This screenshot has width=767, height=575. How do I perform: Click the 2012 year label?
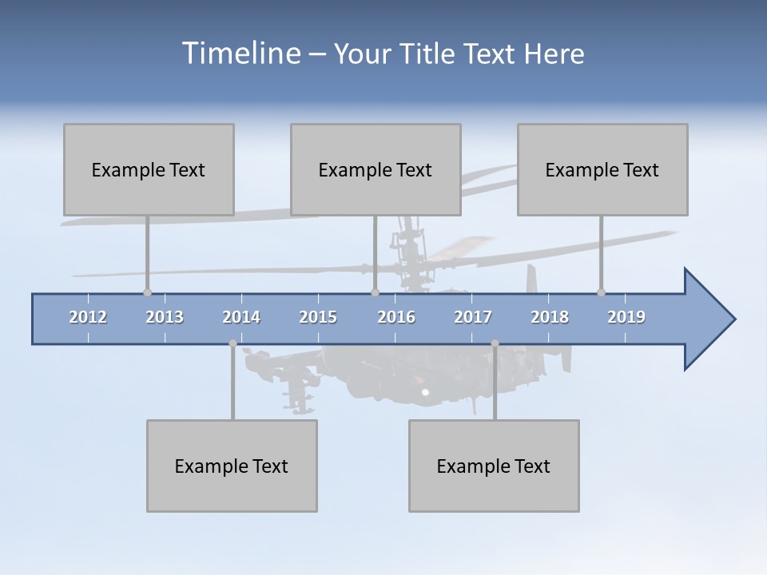pyautogui.click(x=88, y=317)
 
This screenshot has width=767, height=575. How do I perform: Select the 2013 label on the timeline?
pyautogui.click(x=165, y=317)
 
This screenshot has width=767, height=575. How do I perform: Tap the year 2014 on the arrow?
pyautogui.click(x=241, y=317)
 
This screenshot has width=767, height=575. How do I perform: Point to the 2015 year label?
pyautogui.click(x=318, y=317)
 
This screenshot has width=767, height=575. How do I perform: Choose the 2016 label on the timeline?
pyautogui.click(x=396, y=317)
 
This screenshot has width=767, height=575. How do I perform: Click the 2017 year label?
pyautogui.click(x=473, y=317)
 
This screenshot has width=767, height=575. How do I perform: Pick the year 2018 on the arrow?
pyautogui.click(x=550, y=317)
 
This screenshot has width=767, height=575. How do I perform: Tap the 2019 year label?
pyautogui.click(x=626, y=317)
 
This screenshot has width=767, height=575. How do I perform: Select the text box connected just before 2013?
pyautogui.click(x=149, y=169)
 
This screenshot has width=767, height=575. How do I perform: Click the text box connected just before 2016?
pyautogui.click(x=376, y=169)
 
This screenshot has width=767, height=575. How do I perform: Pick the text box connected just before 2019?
pyautogui.click(x=602, y=169)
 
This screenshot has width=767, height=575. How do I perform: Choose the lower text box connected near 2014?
pyautogui.click(x=232, y=466)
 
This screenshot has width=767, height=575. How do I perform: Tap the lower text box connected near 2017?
pyautogui.click(x=494, y=466)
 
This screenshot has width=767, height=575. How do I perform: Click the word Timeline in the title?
pyautogui.click(x=240, y=54)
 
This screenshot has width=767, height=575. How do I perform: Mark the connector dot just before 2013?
pyautogui.click(x=147, y=292)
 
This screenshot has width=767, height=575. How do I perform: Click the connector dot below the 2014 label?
pyautogui.click(x=232, y=343)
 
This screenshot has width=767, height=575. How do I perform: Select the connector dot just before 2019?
pyautogui.click(x=601, y=292)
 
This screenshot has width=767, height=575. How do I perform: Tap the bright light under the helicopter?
pyautogui.click(x=425, y=392)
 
